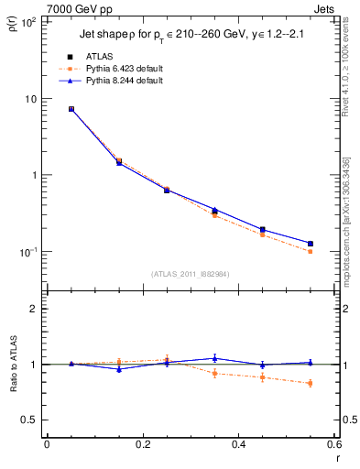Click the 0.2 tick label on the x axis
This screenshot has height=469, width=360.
[142, 445]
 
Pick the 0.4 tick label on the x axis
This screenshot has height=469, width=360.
[238, 445]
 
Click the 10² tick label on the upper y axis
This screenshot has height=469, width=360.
[27, 22]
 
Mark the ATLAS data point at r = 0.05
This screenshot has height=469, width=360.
[71, 109]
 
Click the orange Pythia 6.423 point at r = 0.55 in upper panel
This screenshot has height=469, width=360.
[311, 251]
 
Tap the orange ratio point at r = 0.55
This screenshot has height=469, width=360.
[311, 383]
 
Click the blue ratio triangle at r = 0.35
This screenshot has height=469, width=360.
[214, 358]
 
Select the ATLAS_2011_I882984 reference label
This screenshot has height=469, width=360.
[191, 274]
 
